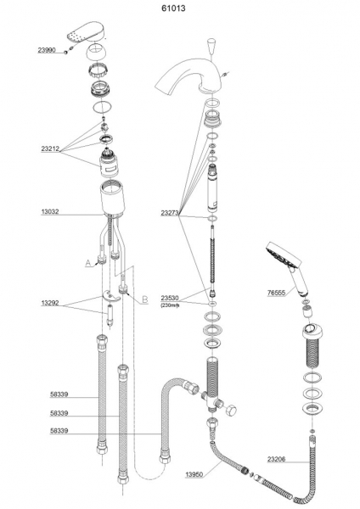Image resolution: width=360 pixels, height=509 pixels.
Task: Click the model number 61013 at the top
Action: (173, 8)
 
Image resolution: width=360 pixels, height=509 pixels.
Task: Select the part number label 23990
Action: (47, 50)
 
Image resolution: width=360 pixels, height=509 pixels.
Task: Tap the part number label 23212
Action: (50, 149)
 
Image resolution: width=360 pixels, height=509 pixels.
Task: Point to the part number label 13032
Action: (50, 211)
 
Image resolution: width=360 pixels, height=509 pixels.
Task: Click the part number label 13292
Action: (50, 303)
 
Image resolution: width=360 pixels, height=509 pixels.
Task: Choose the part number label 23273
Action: (170, 213)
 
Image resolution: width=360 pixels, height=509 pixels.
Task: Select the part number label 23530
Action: (170, 298)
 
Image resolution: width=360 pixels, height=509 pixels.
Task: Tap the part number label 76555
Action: (276, 293)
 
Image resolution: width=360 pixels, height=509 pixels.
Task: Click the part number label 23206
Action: (277, 459)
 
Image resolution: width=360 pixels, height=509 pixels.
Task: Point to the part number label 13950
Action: (194, 474)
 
